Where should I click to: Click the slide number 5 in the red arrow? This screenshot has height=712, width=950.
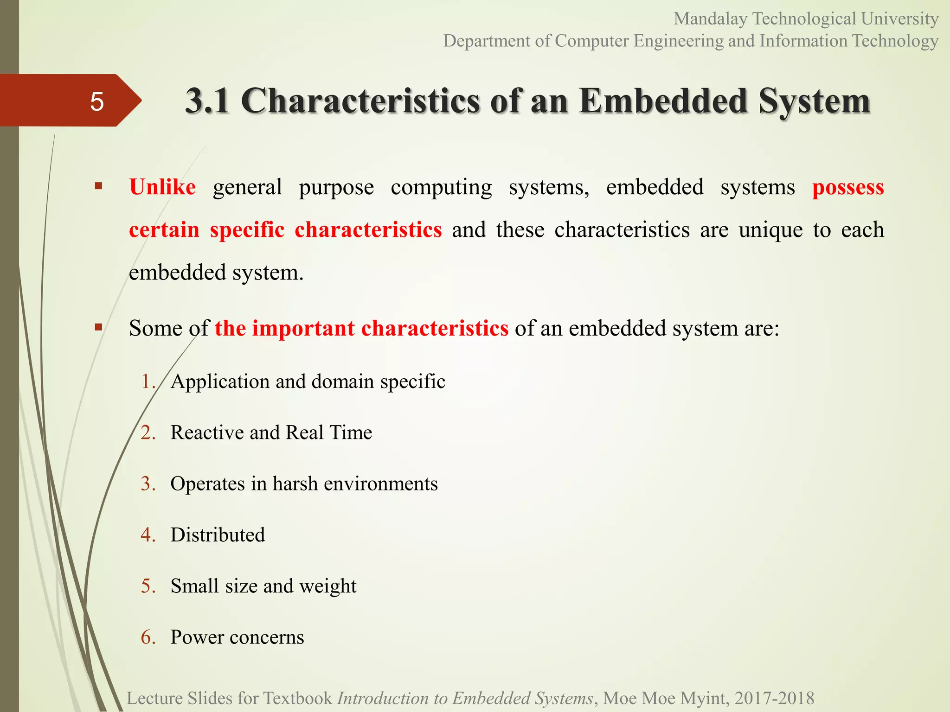click(x=96, y=102)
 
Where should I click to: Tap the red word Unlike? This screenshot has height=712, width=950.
click(x=162, y=187)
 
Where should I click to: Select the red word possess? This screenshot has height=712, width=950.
click(x=848, y=188)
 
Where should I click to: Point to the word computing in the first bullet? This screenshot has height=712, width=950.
click(x=441, y=188)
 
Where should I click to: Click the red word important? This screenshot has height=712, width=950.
click(x=303, y=328)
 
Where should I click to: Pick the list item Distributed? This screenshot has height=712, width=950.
click(x=218, y=535)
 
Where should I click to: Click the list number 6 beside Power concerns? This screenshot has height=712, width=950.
click(x=148, y=637)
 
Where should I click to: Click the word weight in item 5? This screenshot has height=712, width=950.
click(x=327, y=586)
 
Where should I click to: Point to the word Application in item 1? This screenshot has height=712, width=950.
click(x=220, y=381)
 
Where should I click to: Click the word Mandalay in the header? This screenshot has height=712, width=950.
click(x=711, y=19)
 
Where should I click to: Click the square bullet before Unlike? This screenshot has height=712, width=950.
click(x=98, y=186)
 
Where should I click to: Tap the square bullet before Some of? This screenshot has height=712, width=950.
click(x=98, y=327)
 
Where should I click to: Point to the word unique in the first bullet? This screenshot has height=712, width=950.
click(x=770, y=230)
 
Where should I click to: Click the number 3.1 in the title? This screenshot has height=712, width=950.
click(x=207, y=101)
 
